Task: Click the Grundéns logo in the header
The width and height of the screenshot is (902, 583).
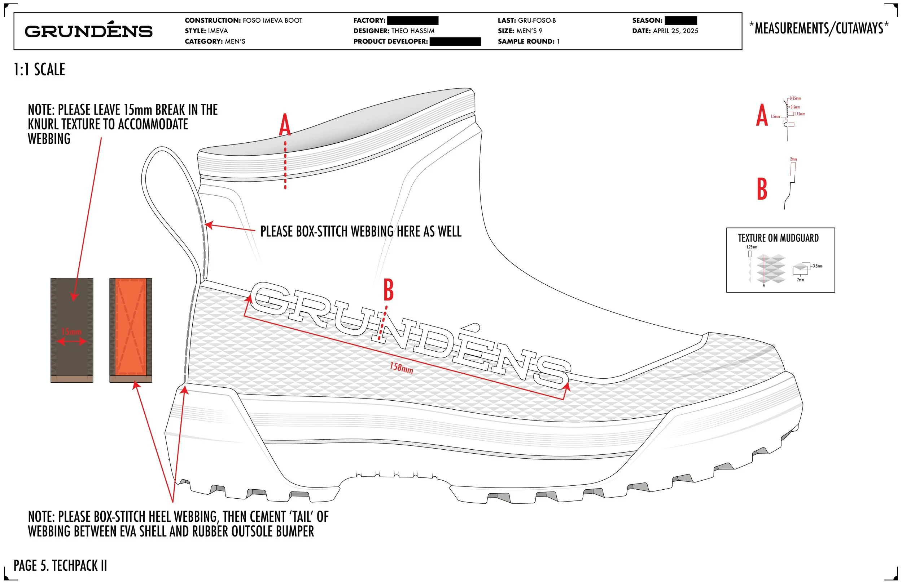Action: coord(89,31)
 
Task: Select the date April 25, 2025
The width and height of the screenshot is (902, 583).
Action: coord(675,31)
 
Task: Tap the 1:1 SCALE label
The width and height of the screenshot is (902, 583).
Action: coord(39,70)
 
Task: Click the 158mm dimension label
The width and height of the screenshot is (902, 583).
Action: coord(401,367)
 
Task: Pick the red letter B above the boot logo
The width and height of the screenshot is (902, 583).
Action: coord(389,290)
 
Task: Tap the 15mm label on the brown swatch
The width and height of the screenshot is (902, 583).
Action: coord(72,332)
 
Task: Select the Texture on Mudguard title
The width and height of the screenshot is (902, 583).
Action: coord(778,238)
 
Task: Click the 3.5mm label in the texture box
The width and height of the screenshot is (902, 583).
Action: coord(818,266)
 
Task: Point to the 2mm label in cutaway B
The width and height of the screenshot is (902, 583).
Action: coord(793,159)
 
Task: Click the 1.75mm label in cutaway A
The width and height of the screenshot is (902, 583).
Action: coord(800,114)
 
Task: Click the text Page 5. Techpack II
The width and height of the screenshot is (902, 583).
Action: coord(60,565)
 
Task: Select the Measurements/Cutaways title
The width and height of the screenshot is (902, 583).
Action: coord(819,28)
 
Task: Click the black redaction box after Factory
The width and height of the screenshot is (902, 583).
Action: coord(413,21)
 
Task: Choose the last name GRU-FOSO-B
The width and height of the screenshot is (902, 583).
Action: coord(537,21)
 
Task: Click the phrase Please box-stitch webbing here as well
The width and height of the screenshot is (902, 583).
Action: coord(361,231)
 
